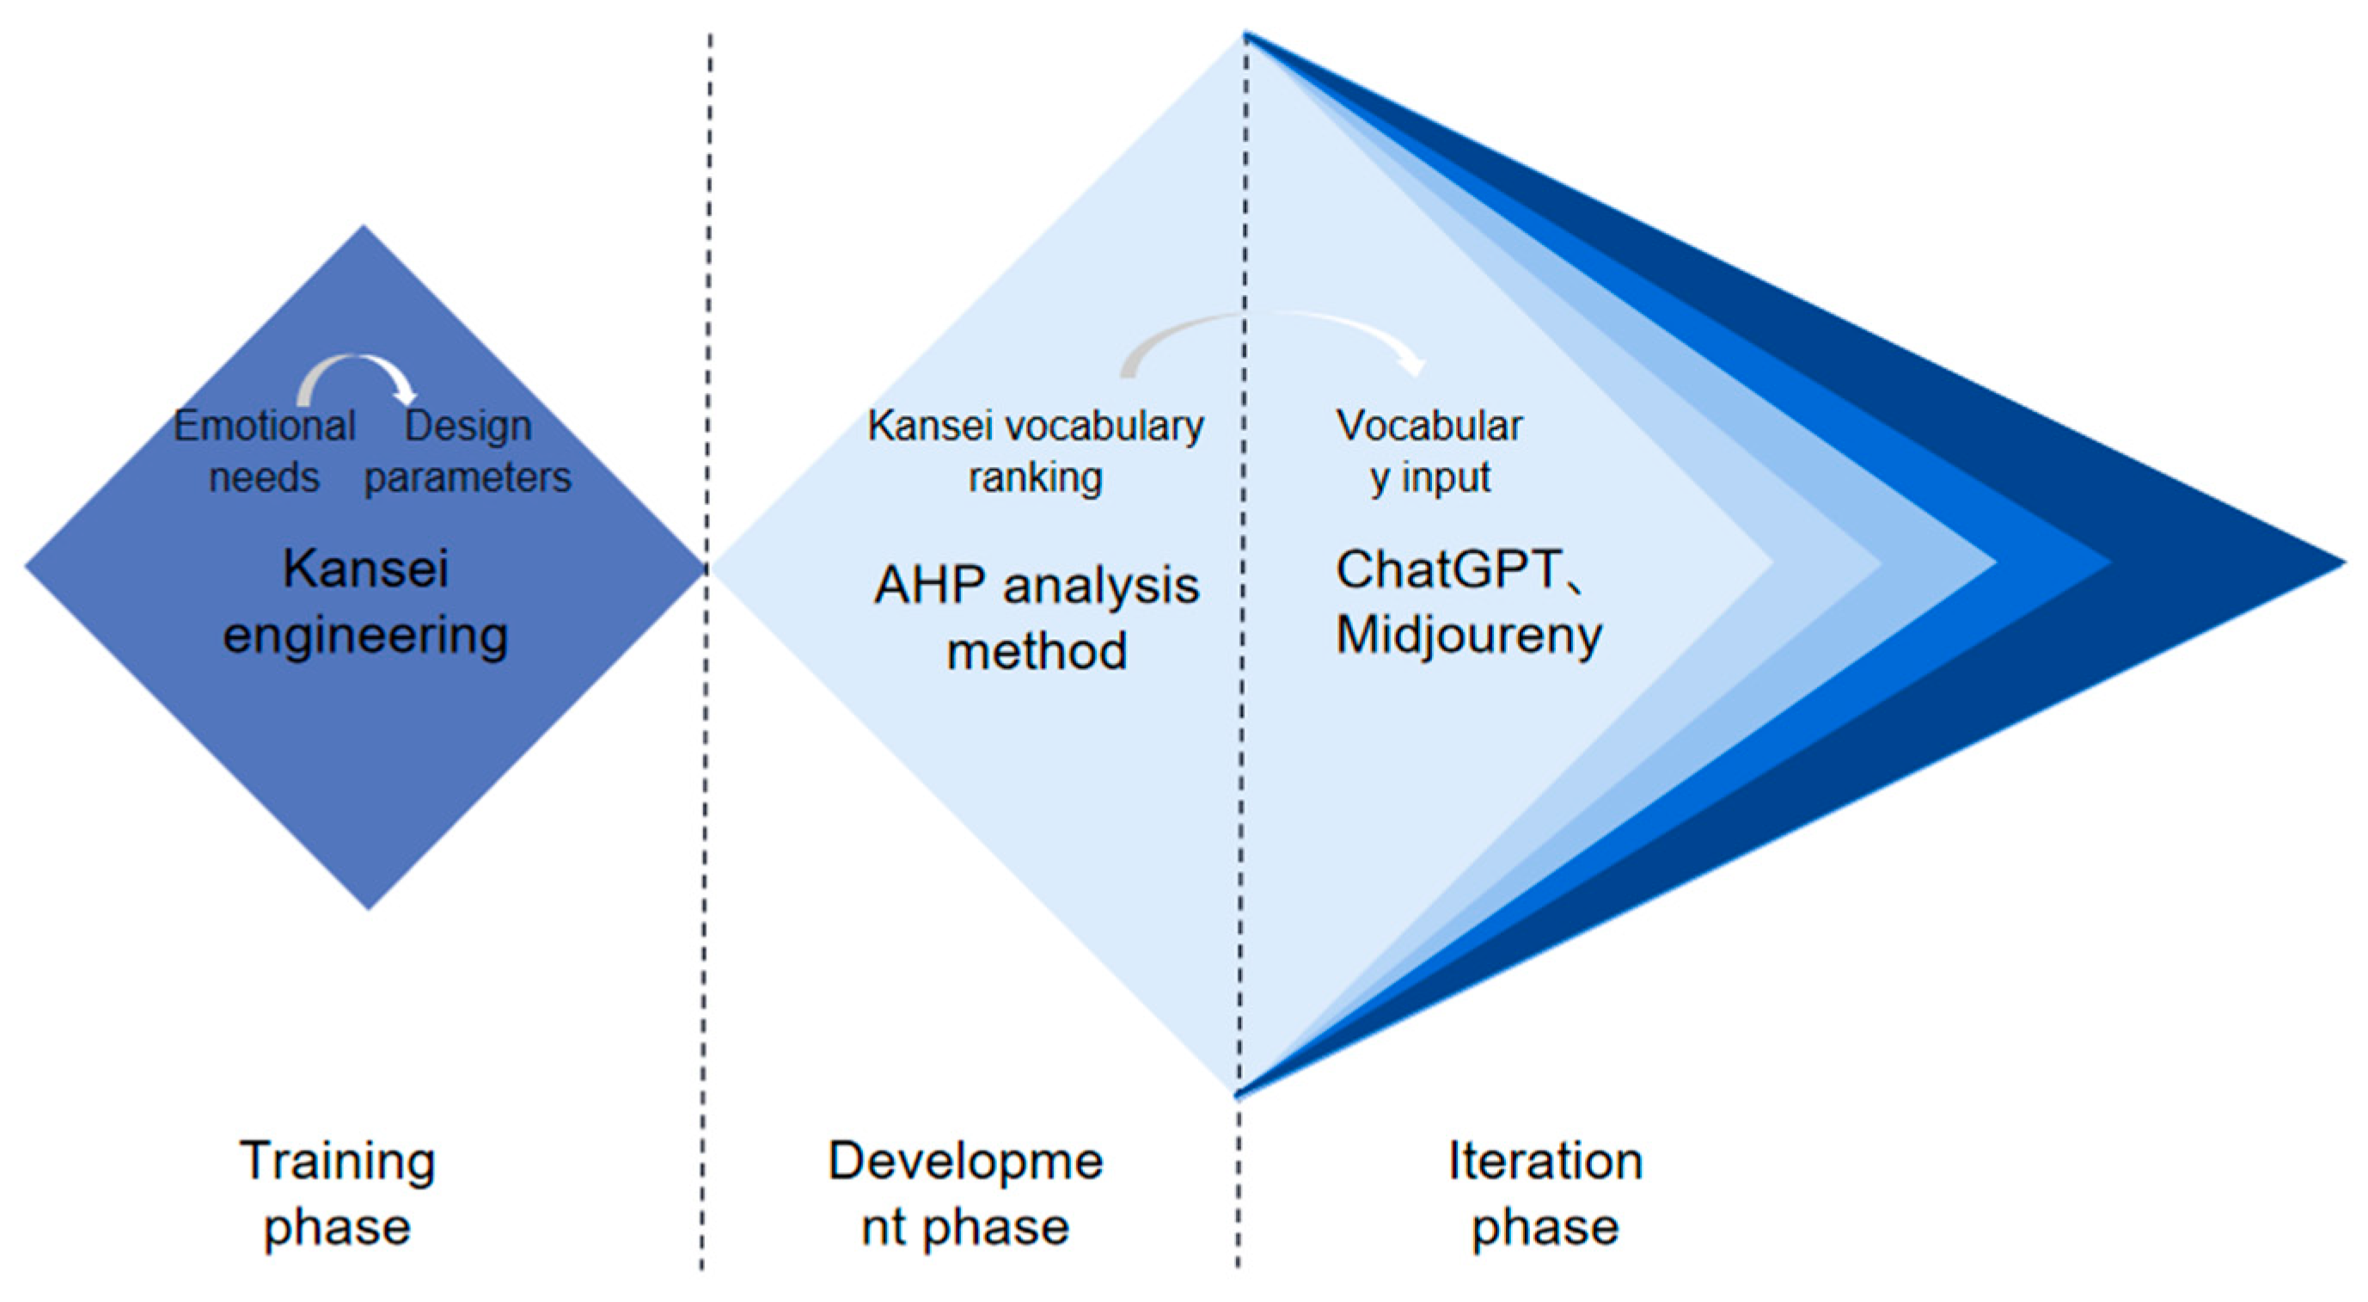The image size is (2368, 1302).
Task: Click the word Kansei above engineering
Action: [365, 569]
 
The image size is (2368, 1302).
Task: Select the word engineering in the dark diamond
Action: [365, 636]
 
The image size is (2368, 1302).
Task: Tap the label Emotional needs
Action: [264, 451]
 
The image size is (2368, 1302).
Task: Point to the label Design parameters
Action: [468, 451]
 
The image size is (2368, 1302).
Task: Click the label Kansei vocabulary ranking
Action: [1035, 451]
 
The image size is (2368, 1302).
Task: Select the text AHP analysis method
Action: [1036, 618]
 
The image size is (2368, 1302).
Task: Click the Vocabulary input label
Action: [1429, 451]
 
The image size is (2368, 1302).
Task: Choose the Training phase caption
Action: [338, 1194]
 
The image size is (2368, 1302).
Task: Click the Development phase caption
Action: [965, 1194]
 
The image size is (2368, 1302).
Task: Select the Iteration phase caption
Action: [1545, 1194]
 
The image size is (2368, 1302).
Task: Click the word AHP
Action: [930, 586]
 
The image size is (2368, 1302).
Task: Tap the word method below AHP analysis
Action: [1036, 652]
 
